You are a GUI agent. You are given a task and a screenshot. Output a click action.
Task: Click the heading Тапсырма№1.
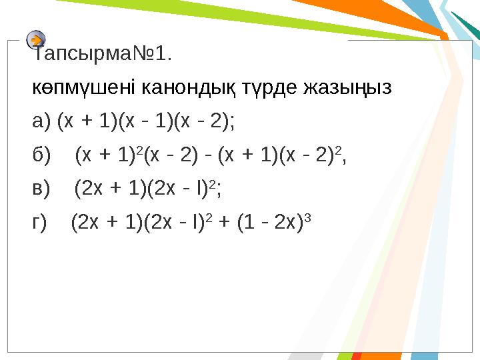(103, 53)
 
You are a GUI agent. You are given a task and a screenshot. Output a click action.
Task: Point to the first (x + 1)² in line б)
(107, 156)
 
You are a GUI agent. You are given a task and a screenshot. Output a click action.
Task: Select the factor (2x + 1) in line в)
(106, 190)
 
